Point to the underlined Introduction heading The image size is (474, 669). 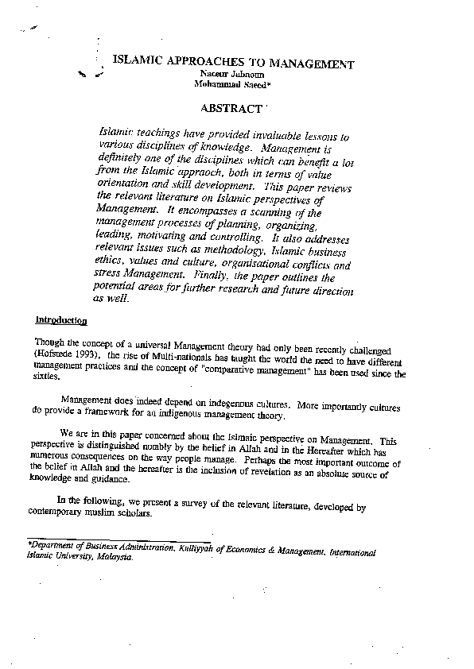(61, 320)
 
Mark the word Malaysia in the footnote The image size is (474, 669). (115, 557)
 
